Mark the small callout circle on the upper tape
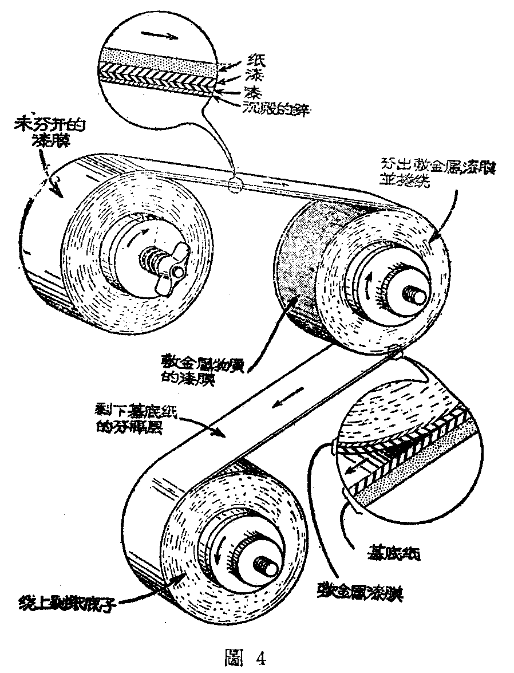point(235,185)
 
